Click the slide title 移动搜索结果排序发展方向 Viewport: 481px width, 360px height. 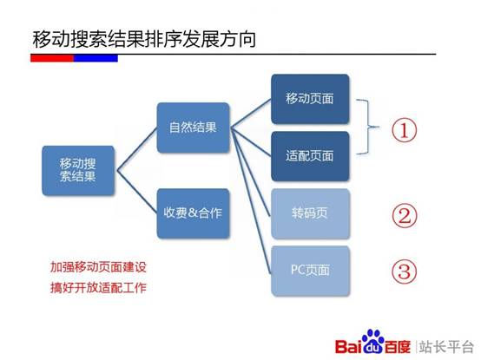pyautogui.click(x=143, y=39)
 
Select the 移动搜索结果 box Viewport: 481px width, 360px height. pyautogui.click(x=78, y=169)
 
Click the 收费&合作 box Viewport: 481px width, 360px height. pyautogui.click(x=194, y=213)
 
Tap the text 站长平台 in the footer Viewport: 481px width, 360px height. pyautogui.click(x=445, y=339)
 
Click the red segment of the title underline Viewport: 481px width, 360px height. pyautogui.click(x=52, y=58)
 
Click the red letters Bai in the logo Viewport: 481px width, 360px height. pyautogui.click(x=349, y=339)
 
